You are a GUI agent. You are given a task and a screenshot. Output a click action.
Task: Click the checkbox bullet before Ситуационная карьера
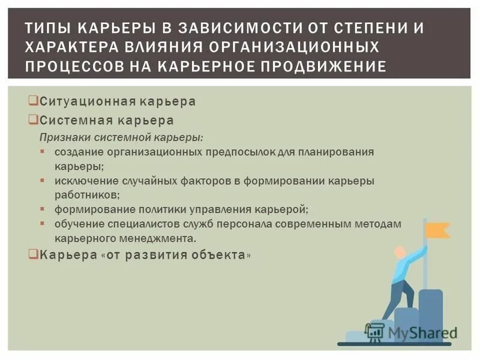34,101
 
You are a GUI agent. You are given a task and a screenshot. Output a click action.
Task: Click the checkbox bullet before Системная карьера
34,120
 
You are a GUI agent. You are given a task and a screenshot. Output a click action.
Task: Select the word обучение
74,224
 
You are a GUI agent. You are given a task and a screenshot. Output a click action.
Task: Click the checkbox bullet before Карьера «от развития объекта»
34,254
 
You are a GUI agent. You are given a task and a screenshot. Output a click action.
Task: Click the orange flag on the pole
436,229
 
